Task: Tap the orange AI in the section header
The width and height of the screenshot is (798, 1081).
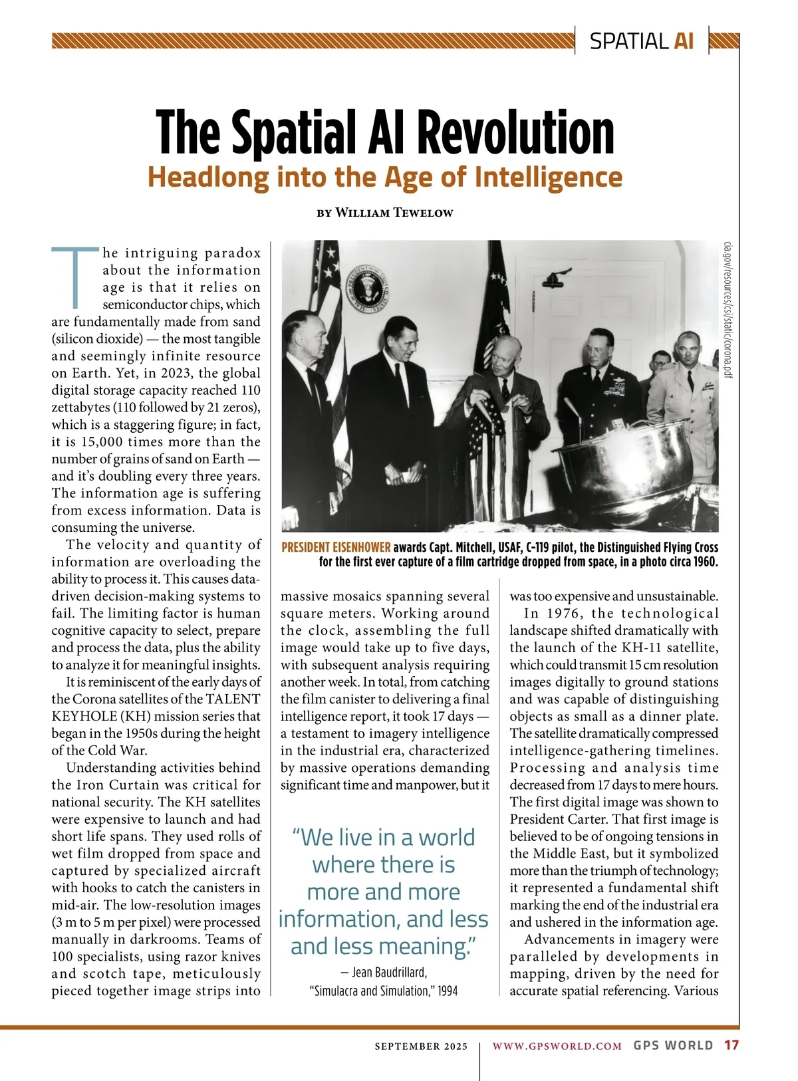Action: (x=684, y=41)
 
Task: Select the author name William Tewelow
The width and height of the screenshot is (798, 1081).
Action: (x=394, y=213)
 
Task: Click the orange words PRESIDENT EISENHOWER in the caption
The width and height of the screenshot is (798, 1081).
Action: (x=336, y=548)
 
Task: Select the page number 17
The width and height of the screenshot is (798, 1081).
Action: (x=731, y=1046)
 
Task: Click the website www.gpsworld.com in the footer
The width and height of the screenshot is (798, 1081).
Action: (x=557, y=1046)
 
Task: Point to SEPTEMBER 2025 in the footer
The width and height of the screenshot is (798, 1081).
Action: (x=421, y=1046)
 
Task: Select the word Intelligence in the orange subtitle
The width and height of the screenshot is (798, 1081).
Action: (x=548, y=178)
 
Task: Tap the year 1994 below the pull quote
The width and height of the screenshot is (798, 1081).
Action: (x=448, y=991)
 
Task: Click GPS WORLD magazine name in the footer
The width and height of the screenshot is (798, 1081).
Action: (x=673, y=1046)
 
